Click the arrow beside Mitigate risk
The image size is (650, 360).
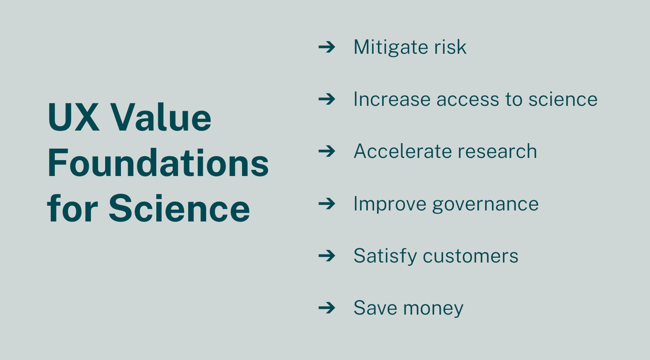click(x=327, y=47)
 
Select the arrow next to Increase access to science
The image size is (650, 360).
click(x=327, y=99)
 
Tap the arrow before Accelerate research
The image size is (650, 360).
click(x=327, y=151)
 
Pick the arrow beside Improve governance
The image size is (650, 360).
click(x=327, y=204)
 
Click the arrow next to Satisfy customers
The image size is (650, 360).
click(x=327, y=256)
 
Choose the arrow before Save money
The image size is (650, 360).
click(x=327, y=308)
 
